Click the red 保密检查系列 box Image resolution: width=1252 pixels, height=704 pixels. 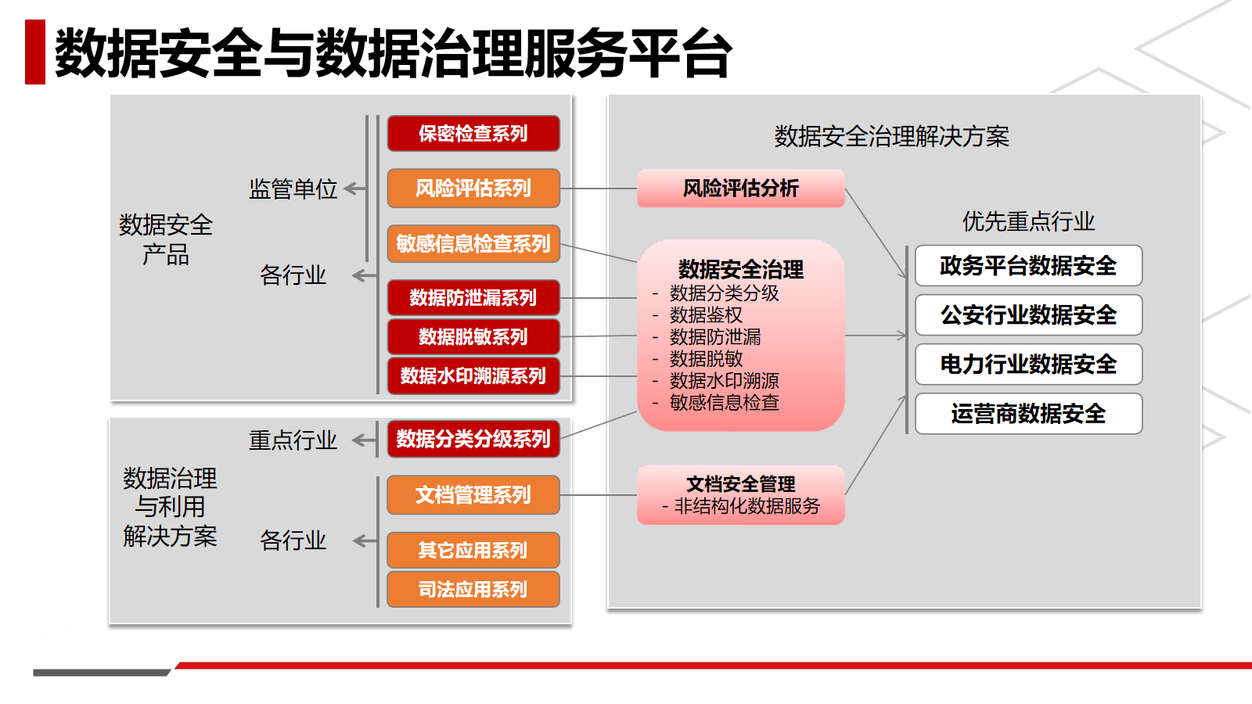click(473, 134)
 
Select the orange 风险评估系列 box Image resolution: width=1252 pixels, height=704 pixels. click(473, 189)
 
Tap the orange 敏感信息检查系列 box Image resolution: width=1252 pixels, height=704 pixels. click(473, 244)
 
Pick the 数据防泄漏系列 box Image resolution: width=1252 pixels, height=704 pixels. click(473, 298)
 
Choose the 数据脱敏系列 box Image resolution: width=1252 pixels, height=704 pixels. click(473, 337)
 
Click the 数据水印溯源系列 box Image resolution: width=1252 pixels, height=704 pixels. click(473, 376)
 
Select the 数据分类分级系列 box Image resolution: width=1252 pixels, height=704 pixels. click(473, 439)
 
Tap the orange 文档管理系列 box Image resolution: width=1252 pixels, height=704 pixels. click(473, 495)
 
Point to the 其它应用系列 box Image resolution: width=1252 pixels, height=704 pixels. click(473, 550)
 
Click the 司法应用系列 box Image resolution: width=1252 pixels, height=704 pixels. click(473, 589)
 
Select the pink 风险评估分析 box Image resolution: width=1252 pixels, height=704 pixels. click(740, 189)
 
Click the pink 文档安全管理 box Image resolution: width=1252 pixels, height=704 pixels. click(740, 494)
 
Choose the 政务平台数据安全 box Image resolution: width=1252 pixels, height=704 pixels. click(1028, 266)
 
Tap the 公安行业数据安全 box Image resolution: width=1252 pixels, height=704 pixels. click(1028, 315)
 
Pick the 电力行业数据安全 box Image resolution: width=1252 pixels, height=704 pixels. click(1028, 365)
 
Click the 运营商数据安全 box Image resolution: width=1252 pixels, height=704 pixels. click(1028, 414)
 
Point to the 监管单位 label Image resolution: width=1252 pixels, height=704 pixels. click(293, 189)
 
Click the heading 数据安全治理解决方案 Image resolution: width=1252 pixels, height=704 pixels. click(891, 137)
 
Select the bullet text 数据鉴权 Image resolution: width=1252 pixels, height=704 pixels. click(706, 315)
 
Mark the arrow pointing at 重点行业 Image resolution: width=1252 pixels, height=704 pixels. click(364, 440)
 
